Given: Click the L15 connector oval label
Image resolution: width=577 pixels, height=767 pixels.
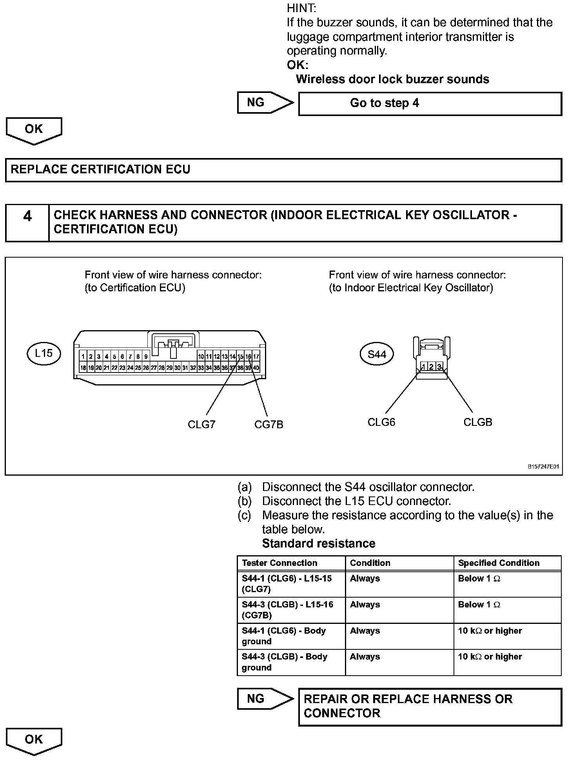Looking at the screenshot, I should pyautogui.click(x=44, y=354).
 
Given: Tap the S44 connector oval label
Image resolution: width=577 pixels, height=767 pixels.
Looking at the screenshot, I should pyautogui.click(x=377, y=355).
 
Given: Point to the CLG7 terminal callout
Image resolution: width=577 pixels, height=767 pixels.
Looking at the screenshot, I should pyautogui.click(x=201, y=425).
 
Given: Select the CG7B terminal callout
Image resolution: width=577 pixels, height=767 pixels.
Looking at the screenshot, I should pyautogui.click(x=269, y=425).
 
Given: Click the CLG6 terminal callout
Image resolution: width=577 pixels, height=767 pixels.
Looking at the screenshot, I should pyautogui.click(x=381, y=422).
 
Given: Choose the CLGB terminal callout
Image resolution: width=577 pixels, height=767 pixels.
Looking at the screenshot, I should pyautogui.click(x=477, y=422).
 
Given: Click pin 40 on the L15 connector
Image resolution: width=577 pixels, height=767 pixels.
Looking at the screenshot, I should pyautogui.click(x=256, y=368).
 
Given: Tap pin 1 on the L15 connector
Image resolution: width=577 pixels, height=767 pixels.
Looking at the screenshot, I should pyautogui.click(x=83, y=357).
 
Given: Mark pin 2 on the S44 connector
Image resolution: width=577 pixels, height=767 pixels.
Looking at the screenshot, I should pyautogui.click(x=431, y=367).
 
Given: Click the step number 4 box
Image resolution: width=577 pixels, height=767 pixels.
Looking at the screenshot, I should pyautogui.click(x=27, y=223).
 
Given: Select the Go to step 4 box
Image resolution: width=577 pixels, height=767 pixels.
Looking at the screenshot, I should pyautogui.click(x=430, y=104).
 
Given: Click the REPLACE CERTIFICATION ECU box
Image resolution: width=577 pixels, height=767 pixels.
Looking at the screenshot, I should pyautogui.click(x=283, y=170).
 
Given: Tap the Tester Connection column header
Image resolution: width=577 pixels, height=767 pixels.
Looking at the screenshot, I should pyautogui.click(x=279, y=563).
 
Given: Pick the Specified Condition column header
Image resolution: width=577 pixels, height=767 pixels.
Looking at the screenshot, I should pyautogui.click(x=499, y=563).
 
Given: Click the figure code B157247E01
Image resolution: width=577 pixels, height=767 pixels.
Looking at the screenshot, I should pyautogui.click(x=543, y=467).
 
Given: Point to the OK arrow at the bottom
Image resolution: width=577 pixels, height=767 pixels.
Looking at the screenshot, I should pyautogui.click(x=34, y=740).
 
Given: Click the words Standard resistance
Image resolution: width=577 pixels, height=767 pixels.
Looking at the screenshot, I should pyautogui.click(x=318, y=543).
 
